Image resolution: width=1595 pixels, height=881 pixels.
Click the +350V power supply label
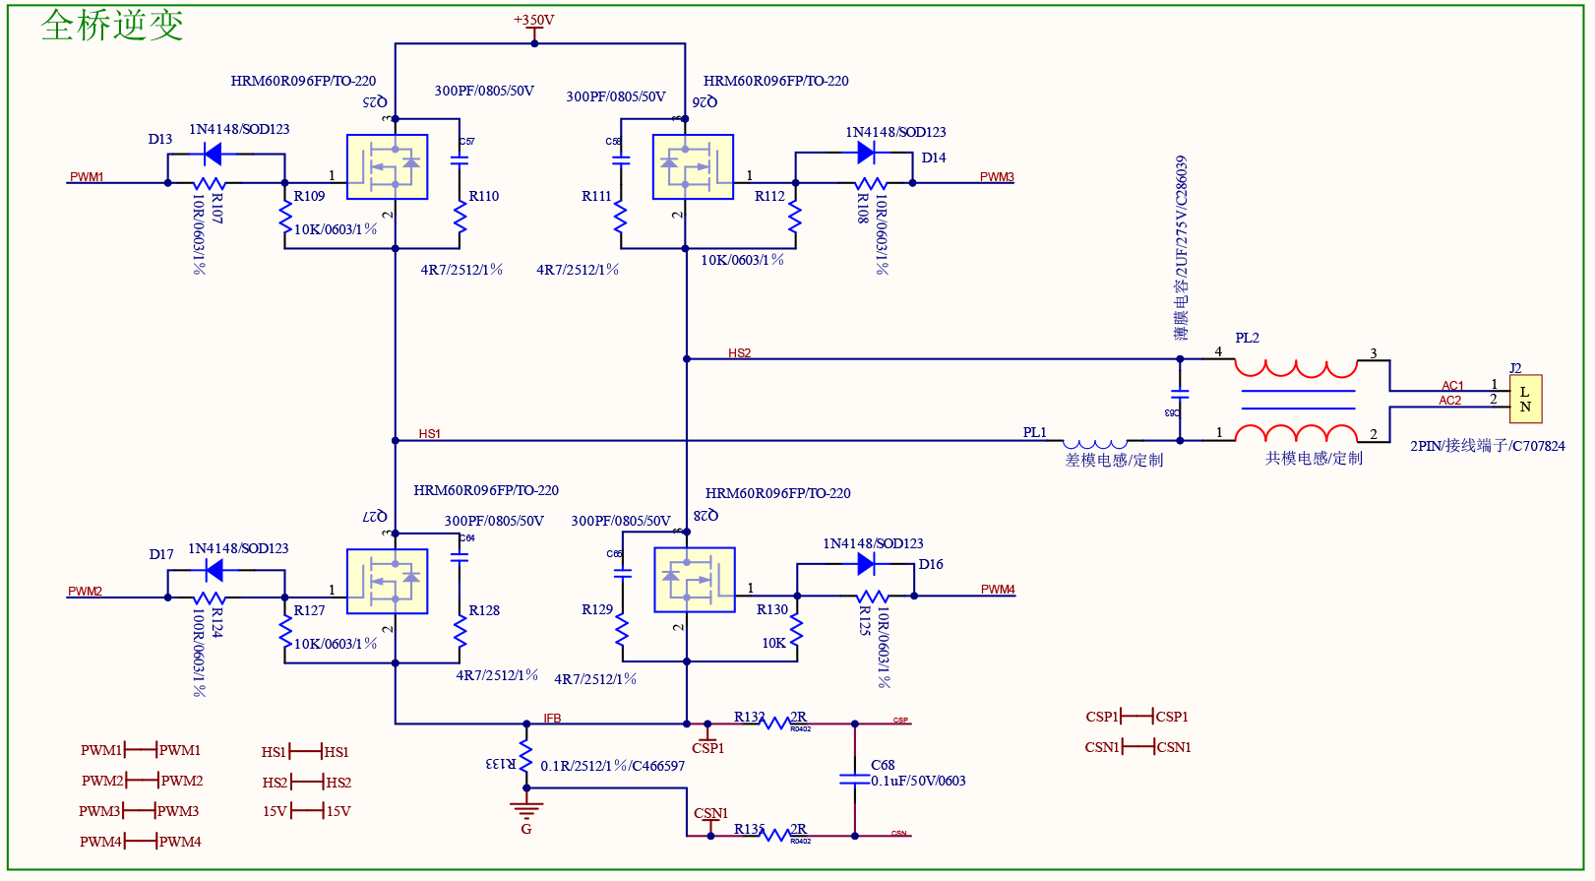[533, 20]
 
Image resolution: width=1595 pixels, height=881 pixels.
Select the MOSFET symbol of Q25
[387, 166]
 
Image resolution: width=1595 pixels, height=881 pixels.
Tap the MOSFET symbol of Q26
[693, 166]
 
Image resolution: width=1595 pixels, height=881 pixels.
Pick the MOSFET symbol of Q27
[387, 581]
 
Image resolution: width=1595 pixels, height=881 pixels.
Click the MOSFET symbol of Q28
[694, 580]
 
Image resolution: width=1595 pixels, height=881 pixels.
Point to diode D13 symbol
[211, 154]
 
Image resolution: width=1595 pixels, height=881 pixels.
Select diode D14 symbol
[866, 153]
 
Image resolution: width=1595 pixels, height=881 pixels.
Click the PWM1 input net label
[87, 177]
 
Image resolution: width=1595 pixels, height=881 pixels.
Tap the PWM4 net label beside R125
[997, 590]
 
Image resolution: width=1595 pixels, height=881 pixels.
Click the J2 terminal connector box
[1525, 399]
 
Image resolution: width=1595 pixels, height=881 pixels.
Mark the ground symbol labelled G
[526, 811]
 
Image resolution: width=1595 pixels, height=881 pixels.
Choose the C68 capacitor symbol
[854, 779]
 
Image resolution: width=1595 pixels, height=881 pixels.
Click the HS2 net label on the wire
[739, 353]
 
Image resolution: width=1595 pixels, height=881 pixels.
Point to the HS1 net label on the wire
[429, 434]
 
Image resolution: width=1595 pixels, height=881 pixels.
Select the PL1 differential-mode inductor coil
[1095, 444]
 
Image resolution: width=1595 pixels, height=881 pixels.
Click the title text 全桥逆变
[112, 26]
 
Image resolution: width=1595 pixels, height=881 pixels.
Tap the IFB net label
[552, 719]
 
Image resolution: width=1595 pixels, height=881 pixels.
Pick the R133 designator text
[500, 764]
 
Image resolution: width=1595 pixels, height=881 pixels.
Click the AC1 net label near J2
[1452, 386]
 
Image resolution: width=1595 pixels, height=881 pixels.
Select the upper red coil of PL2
[1296, 368]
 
